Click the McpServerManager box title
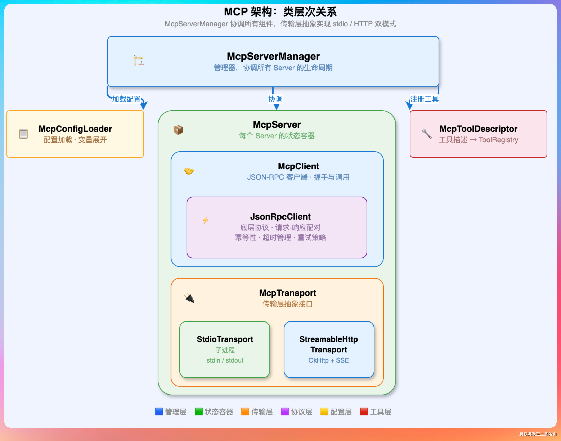pyautogui.click(x=273, y=56)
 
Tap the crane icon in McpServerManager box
pyautogui.click(x=138, y=61)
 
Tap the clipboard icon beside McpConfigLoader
pyautogui.click(x=23, y=134)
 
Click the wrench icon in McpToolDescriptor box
pyautogui.click(x=427, y=134)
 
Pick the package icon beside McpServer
pyautogui.click(x=178, y=130)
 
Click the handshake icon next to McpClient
pyautogui.click(x=189, y=171)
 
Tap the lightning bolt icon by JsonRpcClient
pyautogui.click(x=206, y=220)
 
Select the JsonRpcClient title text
pyautogui.click(x=280, y=217)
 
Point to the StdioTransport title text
pyautogui.click(x=225, y=339)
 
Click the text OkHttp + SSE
pyautogui.click(x=329, y=360)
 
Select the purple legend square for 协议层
pyautogui.click(x=285, y=411)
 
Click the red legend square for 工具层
pyautogui.click(x=364, y=411)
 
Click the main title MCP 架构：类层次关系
pyautogui.click(x=280, y=12)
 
